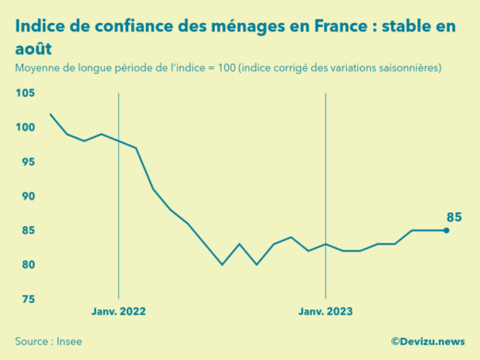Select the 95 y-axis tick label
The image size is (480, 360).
click(x=28, y=162)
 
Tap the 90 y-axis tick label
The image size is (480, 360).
click(x=28, y=197)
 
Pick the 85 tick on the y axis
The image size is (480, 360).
click(x=28, y=231)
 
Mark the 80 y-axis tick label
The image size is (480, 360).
click(x=28, y=265)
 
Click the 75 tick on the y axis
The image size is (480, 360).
click(x=28, y=299)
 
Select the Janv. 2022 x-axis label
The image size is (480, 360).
click(x=118, y=311)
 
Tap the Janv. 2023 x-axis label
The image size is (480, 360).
click(x=325, y=311)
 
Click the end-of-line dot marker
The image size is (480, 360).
click(x=447, y=231)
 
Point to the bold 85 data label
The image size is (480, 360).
click(x=454, y=217)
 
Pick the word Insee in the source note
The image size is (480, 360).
click(x=68, y=342)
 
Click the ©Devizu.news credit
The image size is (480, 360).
click(x=427, y=342)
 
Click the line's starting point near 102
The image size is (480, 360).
click(x=50, y=114)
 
